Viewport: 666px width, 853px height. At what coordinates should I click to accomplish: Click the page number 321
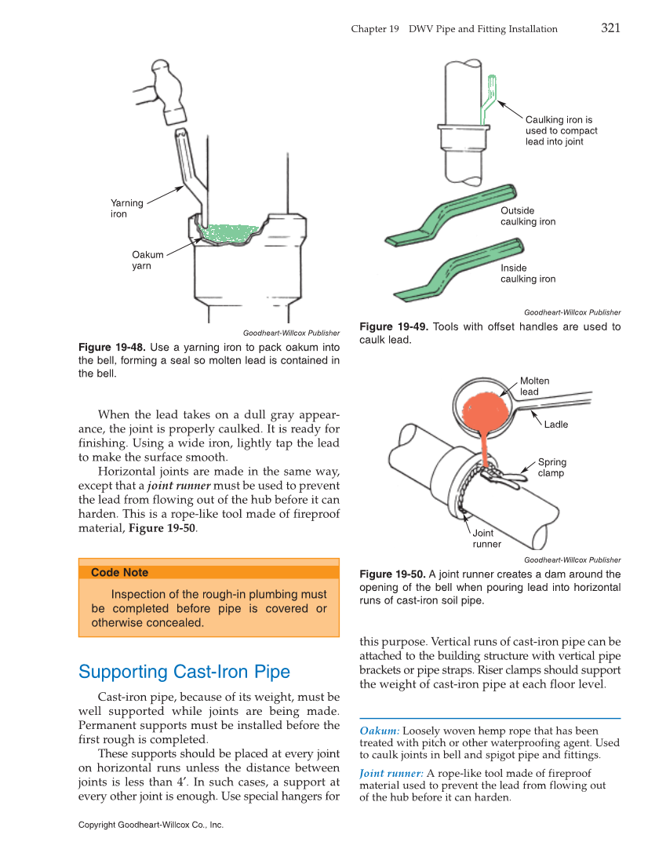[x=610, y=28]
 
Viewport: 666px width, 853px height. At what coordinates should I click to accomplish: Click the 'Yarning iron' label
[x=127, y=208]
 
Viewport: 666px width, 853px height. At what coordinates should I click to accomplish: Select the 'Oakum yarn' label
[x=147, y=260]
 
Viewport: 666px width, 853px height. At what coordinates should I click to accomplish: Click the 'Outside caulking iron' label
[x=527, y=216]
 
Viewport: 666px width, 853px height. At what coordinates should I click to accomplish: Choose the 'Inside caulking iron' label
[x=527, y=273]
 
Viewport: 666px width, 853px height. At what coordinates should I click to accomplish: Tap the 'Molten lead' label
[x=534, y=386]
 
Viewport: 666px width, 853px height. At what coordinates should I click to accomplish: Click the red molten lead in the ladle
[x=484, y=409]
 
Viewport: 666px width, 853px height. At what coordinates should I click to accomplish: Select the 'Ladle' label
[x=555, y=425]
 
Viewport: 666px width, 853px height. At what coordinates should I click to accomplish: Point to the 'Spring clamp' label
[x=551, y=468]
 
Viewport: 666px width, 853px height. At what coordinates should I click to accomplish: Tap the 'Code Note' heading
[x=119, y=573]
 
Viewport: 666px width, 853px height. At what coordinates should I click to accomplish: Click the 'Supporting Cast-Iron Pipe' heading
[x=184, y=672]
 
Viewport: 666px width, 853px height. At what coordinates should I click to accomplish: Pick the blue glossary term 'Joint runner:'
[x=391, y=773]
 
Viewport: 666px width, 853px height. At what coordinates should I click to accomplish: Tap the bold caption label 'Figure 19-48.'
[x=112, y=348]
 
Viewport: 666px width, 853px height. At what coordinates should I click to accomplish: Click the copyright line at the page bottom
[x=151, y=825]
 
